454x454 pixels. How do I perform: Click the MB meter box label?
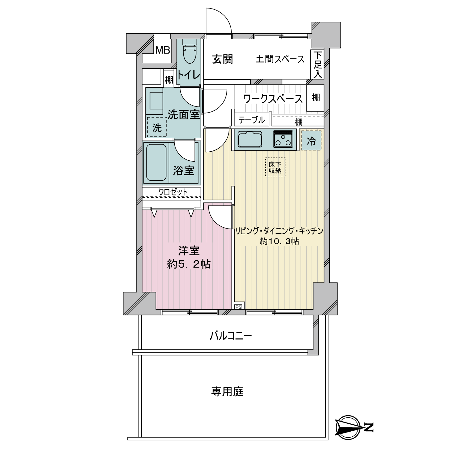163,50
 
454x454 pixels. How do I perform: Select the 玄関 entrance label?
222,59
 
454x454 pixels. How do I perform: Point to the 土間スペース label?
280,59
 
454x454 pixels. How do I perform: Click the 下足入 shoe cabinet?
317,64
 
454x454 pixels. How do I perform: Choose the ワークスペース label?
273,99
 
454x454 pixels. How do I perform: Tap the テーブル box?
252,120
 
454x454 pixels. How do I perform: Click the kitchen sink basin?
250,140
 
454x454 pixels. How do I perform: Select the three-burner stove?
283,139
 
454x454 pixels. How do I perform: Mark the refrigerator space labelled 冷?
311,141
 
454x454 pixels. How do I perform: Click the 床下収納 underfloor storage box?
275,167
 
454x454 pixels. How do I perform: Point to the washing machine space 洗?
157,127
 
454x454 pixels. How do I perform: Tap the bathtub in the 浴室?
156,163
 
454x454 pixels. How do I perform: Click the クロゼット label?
173,192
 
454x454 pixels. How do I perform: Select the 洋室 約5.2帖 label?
189,258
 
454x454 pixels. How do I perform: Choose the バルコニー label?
231,336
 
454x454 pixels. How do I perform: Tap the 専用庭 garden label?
227,392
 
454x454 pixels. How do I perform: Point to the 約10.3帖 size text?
279,241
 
